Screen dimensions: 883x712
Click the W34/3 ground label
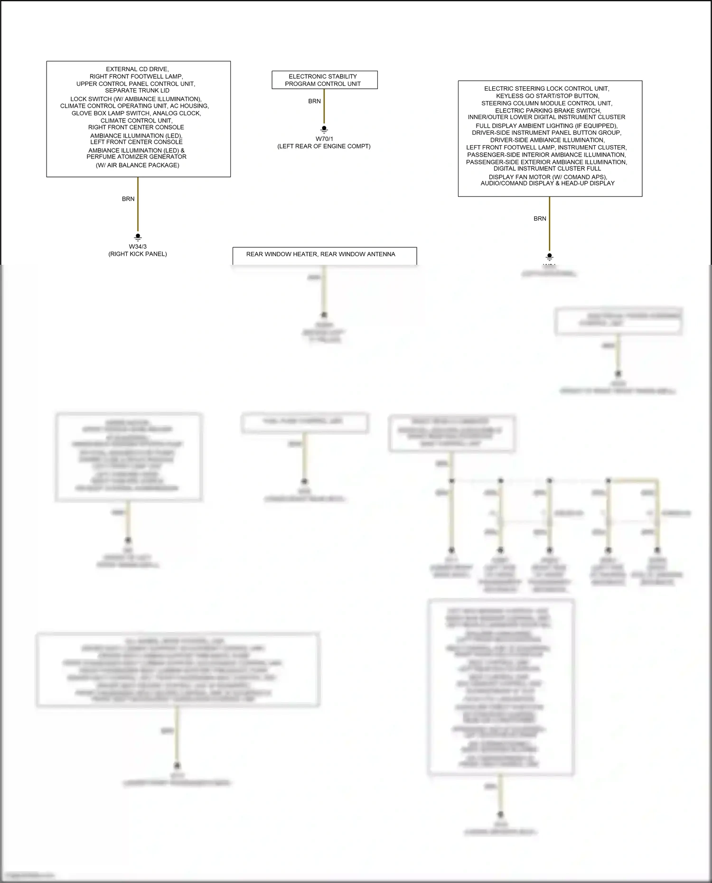(x=138, y=247)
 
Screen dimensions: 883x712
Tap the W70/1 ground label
(x=324, y=139)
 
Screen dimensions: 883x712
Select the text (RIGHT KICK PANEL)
(x=138, y=254)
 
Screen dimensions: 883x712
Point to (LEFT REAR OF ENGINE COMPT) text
(x=324, y=147)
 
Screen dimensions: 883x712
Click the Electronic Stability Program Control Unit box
(x=324, y=80)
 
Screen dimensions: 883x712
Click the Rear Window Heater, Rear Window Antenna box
(x=324, y=255)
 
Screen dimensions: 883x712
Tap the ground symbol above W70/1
(x=324, y=129)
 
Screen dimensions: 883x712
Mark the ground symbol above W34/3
(x=138, y=237)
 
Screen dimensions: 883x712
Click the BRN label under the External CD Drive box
(x=128, y=199)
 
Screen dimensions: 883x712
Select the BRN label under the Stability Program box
(x=314, y=102)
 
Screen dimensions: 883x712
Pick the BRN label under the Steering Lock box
(x=540, y=219)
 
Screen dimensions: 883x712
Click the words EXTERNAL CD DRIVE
(x=137, y=69)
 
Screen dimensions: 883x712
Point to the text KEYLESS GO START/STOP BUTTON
(x=547, y=96)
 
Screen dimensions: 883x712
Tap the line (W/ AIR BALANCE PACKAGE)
(x=138, y=166)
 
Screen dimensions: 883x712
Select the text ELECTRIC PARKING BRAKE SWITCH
(x=548, y=111)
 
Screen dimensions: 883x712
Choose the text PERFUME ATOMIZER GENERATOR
(x=137, y=157)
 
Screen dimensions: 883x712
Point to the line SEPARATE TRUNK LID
(x=137, y=91)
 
